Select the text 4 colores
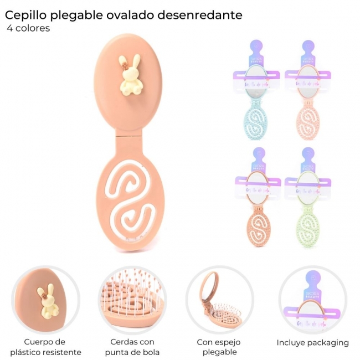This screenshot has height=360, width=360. (x=29, y=28)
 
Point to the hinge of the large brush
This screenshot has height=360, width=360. (x=129, y=135)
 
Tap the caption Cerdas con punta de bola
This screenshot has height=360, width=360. (x=132, y=347)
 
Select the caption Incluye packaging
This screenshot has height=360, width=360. (x=313, y=342)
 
